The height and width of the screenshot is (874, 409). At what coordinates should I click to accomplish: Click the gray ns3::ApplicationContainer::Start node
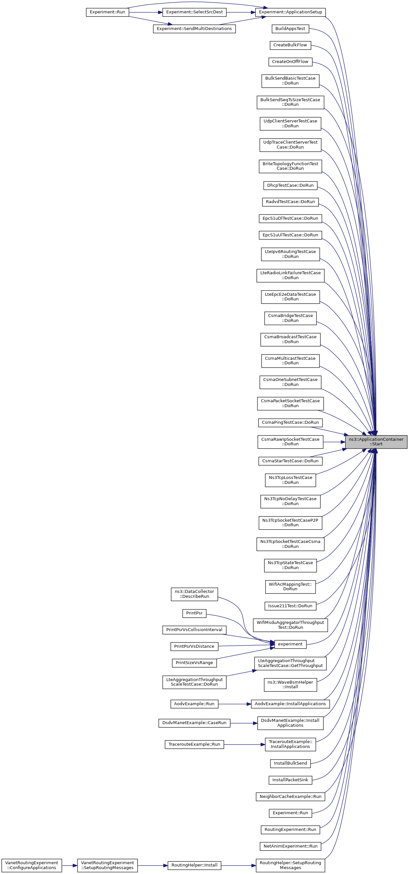[x=376, y=442]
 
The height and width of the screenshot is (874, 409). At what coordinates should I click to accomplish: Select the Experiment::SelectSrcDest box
[x=194, y=12]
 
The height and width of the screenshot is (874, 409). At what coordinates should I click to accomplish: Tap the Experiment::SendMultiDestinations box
[x=194, y=28]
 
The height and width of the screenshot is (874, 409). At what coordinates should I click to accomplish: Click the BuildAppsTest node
[x=290, y=28]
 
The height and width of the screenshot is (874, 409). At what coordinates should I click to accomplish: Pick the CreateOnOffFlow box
[x=290, y=61]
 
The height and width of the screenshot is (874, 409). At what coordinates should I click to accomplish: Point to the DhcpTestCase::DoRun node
[x=290, y=185]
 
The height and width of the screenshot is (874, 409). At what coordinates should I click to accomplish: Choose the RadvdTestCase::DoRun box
[x=290, y=201]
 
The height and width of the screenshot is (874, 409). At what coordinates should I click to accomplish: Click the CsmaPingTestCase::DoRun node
[x=290, y=422]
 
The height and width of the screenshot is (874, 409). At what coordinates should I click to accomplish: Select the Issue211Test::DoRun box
[x=290, y=606]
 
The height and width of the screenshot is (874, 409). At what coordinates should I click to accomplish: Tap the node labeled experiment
[x=290, y=644]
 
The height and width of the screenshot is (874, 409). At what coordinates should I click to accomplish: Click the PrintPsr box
[x=194, y=613]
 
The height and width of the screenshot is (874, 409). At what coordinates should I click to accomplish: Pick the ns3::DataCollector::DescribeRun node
[x=194, y=594]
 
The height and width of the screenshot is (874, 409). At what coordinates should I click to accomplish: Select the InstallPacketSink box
[x=290, y=780]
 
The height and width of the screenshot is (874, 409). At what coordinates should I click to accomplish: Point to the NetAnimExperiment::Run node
[x=290, y=846]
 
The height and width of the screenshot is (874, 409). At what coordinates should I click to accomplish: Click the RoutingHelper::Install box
[x=194, y=865]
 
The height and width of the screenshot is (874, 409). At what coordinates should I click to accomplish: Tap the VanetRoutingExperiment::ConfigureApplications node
[x=32, y=865]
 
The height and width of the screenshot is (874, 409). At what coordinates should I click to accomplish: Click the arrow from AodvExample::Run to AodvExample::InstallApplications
[x=235, y=704]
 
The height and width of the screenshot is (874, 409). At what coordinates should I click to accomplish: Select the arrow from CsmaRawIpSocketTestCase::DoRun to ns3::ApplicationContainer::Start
[x=334, y=442]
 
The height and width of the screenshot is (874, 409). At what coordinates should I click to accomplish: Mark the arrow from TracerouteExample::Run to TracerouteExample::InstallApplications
[x=244, y=744]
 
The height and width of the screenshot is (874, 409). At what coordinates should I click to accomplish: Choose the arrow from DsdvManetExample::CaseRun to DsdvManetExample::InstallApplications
[x=244, y=723]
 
